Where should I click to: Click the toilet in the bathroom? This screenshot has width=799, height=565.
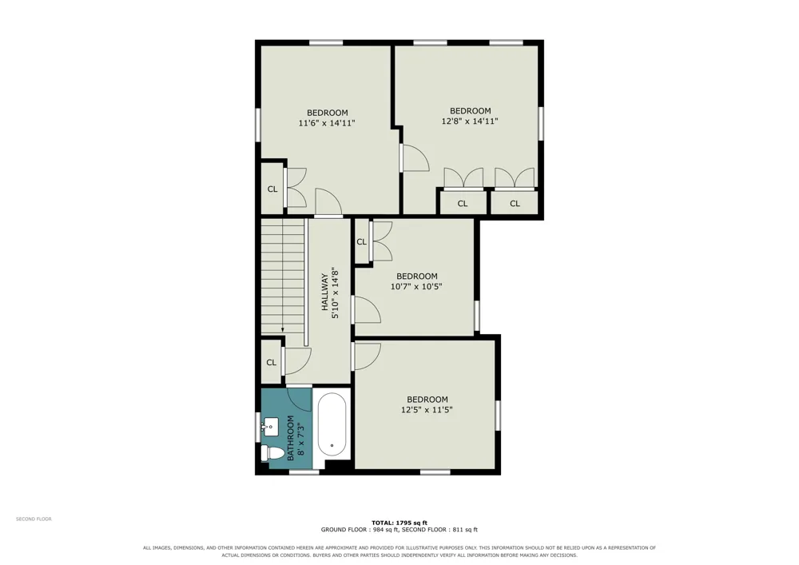(272, 453)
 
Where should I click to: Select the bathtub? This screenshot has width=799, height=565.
(332, 425)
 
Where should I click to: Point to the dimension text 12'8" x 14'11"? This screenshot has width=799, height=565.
(469, 121)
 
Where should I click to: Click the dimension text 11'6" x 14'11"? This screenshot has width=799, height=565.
(327, 123)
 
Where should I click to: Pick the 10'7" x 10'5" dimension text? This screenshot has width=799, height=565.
(416, 286)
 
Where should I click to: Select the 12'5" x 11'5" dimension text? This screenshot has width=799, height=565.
(427, 410)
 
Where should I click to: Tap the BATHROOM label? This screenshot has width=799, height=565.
(291, 438)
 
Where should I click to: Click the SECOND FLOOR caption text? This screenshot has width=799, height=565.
(34, 519)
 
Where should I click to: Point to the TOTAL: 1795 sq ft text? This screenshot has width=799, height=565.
(399, 523)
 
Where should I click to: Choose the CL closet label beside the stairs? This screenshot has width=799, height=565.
(271, 362)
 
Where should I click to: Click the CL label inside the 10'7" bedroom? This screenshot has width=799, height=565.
(361, 241)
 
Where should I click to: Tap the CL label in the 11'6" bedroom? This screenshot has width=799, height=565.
(272, 189)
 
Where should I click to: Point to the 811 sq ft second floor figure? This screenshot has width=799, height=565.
(466, 530)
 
